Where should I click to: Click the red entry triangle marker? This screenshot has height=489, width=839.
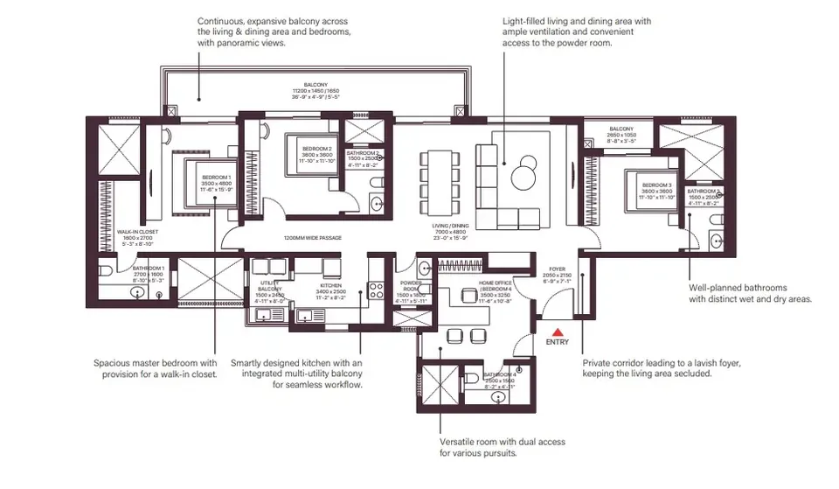[557, 332]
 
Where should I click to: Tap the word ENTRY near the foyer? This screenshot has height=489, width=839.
[557, 343]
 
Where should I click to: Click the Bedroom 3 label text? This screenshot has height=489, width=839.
[656, 185]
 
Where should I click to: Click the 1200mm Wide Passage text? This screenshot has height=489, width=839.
[312, 238]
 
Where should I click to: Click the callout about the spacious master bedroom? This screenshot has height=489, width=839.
[156, 368]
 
